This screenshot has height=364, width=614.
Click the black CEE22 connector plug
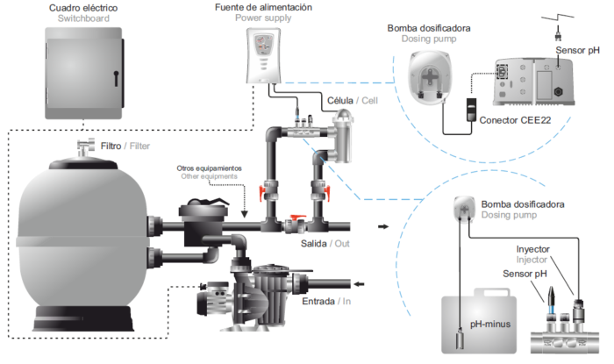coord(471,111)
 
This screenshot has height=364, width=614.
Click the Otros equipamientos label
coord(209,167)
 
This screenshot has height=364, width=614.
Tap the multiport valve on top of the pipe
coord(203,214)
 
